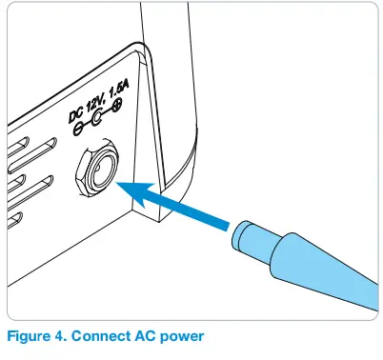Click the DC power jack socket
(96, 171)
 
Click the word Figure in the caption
(30, 337)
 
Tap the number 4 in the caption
(62, 337)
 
